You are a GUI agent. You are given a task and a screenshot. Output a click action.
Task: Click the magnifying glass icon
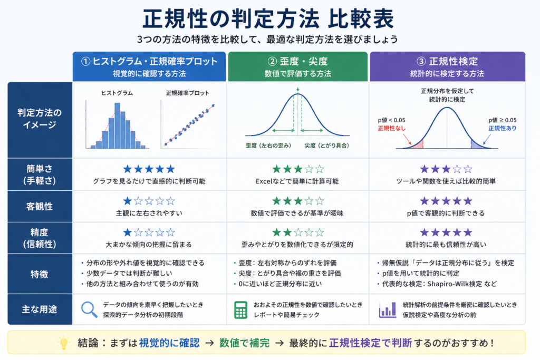coord(89,309)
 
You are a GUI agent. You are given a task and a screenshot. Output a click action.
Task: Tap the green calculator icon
coord(240,310)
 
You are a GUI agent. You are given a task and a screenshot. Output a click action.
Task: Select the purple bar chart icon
coord(388,310)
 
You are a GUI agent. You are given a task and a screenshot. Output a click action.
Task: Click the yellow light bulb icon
coord(64,343)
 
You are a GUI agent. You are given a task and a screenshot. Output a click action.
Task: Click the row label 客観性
coord(40,207)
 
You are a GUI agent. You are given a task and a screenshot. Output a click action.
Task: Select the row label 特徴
coord(39,274)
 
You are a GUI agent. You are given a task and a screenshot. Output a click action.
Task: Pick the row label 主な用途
coord(39,309)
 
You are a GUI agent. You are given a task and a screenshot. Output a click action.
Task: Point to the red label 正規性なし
coord(392,129)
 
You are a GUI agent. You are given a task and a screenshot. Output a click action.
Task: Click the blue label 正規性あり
coord(503,129)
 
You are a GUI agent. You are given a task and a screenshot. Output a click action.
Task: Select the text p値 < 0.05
coord(392,120)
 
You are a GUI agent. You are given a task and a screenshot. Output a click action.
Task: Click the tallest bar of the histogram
coord(118,125)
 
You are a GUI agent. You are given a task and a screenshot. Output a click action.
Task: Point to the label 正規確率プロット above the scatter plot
coord(187,93)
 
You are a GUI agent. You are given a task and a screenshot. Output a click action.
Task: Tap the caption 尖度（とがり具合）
coord(326,145)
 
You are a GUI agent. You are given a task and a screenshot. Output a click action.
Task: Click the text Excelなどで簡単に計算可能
coord(297,181)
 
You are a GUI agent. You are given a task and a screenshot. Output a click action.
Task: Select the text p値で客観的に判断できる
coord(446,213)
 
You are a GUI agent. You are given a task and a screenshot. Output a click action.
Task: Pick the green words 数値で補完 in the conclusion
coord(244,343)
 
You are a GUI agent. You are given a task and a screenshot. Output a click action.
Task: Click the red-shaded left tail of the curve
coord(418,145)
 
